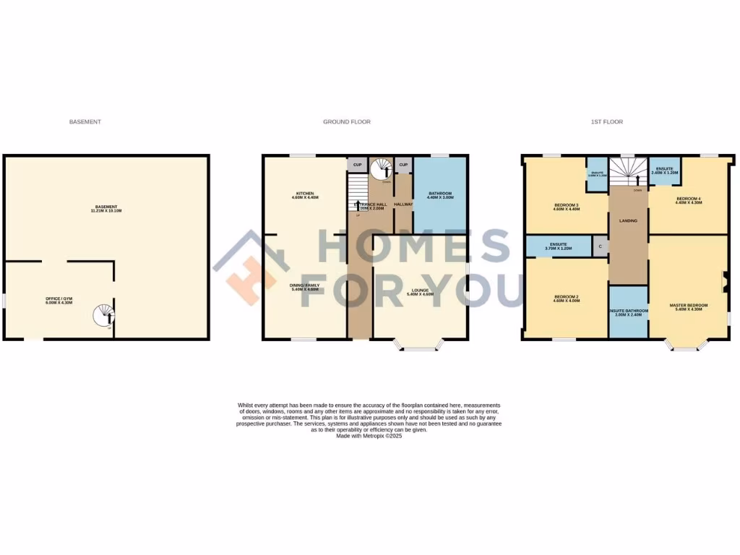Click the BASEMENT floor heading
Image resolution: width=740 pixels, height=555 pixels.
coord(85,122)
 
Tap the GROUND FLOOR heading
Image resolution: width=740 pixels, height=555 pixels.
coord(347,122)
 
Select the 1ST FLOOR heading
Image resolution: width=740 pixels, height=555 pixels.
coord(607,122)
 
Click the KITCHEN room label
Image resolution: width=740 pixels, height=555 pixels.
coord(305,194)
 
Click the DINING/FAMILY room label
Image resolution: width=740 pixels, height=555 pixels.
coord(305,285)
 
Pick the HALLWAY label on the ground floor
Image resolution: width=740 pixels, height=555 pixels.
coord(403,205)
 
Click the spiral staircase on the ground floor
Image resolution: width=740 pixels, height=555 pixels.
coord(381,171)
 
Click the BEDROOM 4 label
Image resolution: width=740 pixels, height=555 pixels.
coord(689,199)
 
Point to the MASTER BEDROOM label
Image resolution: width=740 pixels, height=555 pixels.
coord(689,306)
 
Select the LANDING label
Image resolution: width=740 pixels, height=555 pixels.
coord(629,220)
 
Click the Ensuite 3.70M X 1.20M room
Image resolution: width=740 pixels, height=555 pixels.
coord(558,246)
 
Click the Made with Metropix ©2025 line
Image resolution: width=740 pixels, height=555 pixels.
coord(369,436)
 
